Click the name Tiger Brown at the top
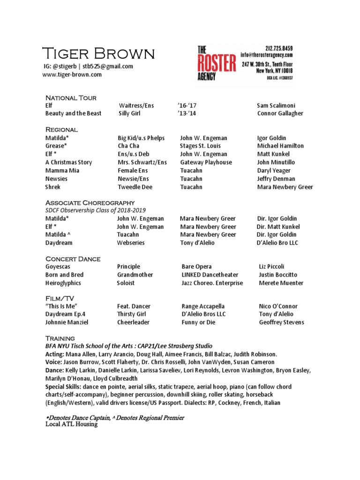pyautogui.click(x=98, y=54)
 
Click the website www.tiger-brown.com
pyautogui.click(x=72, y=75)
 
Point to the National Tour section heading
pyautogui.click(x=71, y=98)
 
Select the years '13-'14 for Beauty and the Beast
pyautogui.click(x=189, y=113)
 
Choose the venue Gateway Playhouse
pyautogui.click(x=206, y=162)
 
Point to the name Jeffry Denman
pyautogui.click(x=276, y=179)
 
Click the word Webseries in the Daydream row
pyautogui.click(x=131, y=243)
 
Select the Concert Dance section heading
pyautogui.click(x=73, y=259)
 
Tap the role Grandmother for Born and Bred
pyautogui.click(x=135, y=275)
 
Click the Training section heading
pyautogui.click(x=60, y=338)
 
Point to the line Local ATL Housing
pyautogui.click(x=71, y=424)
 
